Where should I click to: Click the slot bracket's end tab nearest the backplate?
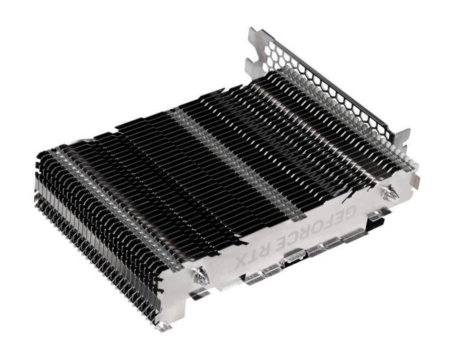[x=403, y=139]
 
